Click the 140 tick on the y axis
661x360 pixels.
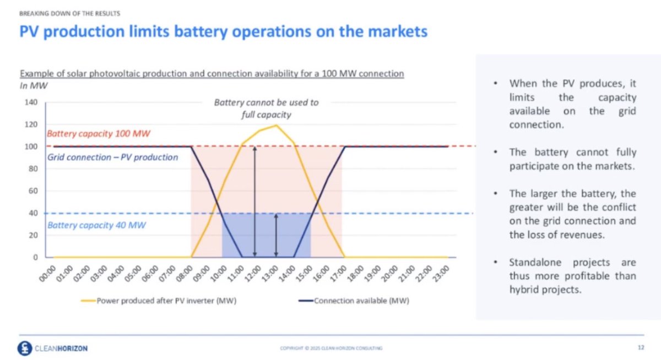31,102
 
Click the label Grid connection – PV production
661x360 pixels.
112,157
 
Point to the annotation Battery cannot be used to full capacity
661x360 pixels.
266,108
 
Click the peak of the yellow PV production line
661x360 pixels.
276,126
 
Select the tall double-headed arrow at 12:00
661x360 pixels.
254,201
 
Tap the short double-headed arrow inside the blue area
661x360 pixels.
276,235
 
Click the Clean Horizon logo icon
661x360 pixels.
24,348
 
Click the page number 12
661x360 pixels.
641,347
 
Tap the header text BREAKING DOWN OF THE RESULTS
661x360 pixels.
69,13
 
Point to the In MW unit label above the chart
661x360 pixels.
34,85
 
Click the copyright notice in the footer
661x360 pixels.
331,348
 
